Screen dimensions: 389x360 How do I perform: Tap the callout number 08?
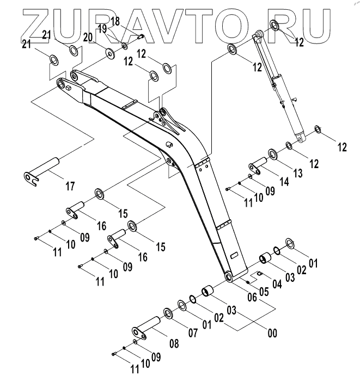(x=173, y=343)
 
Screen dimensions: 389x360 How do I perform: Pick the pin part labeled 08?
(x=145, y=328)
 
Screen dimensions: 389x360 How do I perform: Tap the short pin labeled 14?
(x=257, y=164)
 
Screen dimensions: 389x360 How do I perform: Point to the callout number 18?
(x=115, y=21)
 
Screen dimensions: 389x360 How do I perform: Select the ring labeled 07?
(x=168, y=314)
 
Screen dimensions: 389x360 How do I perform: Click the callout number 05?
(x=264, y=291)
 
